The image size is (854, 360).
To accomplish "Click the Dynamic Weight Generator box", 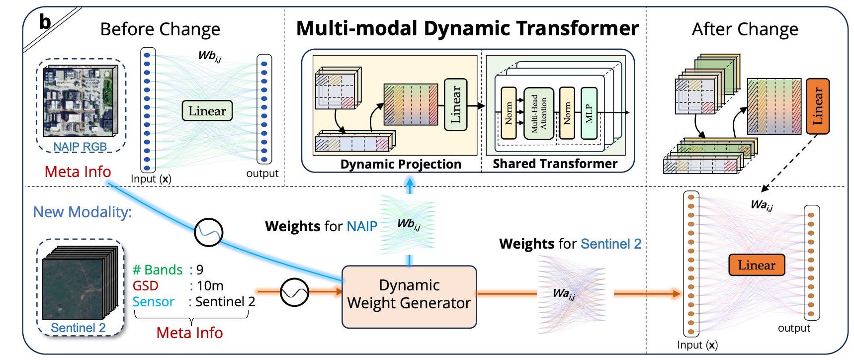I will (409, 297).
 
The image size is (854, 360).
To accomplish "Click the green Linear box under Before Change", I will (207, 111).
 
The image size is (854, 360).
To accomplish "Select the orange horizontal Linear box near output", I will (756, 265).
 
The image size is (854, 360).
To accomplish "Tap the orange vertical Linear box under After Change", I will (817, 106).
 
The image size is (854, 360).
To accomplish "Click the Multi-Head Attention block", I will (538, 113).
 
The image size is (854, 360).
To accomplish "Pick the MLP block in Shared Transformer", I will (589, 113).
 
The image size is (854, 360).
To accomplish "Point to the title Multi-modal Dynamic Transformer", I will (467, 28).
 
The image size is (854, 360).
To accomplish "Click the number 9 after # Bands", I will (199, 270).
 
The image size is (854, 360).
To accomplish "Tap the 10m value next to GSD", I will (210, 286).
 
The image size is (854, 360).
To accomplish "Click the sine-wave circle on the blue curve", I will (208, 232).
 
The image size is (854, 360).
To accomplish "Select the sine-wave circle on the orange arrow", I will (294, 292).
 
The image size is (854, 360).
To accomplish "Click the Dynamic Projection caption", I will (400, 164).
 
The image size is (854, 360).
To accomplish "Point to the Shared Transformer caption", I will (555, 164).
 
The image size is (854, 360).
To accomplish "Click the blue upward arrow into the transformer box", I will (409, 185).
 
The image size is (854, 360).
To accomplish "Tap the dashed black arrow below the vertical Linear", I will (788, 164).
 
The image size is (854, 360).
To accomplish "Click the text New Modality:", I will (83, 212).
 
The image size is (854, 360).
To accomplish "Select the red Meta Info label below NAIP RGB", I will (78, 172).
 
